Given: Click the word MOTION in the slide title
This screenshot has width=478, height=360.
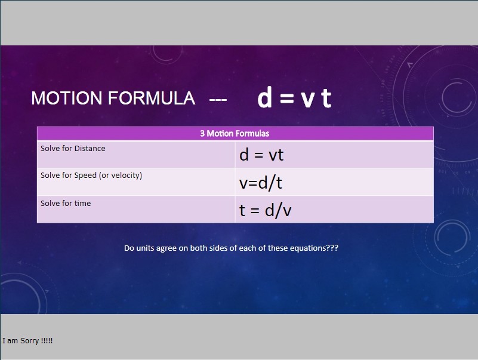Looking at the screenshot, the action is [x=66, y=99].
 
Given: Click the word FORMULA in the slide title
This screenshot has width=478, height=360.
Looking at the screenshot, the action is [x=152, y=99].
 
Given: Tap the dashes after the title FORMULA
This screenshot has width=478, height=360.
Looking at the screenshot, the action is [x=218, y=99].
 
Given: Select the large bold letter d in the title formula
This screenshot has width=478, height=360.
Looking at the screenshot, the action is [x=264, y=97].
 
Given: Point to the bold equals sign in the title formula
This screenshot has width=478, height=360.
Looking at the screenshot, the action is [x=286, y=99].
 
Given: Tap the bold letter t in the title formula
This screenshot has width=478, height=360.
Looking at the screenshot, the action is [x=326, y=98].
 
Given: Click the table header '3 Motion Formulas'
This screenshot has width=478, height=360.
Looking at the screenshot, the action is [x=235, y=133].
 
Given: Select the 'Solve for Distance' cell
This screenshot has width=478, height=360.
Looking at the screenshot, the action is [x=136, y=155].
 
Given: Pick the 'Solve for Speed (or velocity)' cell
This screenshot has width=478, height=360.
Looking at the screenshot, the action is [x=136, y=182].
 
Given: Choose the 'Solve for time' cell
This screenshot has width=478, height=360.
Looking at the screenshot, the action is [x=136, y=210].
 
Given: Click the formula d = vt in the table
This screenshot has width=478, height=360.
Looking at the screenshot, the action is [x=261, y=155].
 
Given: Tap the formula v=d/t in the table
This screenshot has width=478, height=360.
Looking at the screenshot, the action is [x=261, y=183].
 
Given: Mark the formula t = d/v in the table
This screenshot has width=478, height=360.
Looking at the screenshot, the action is [x=265, y=210].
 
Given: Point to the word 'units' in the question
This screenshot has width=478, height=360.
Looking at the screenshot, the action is [x=145, y=248].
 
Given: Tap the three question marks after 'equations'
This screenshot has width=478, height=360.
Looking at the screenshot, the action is [x=332, y=248].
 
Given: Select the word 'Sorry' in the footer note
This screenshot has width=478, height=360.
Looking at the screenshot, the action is [x=30, y=341].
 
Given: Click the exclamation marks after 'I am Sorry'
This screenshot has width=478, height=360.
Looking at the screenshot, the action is [x=47, y=340].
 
